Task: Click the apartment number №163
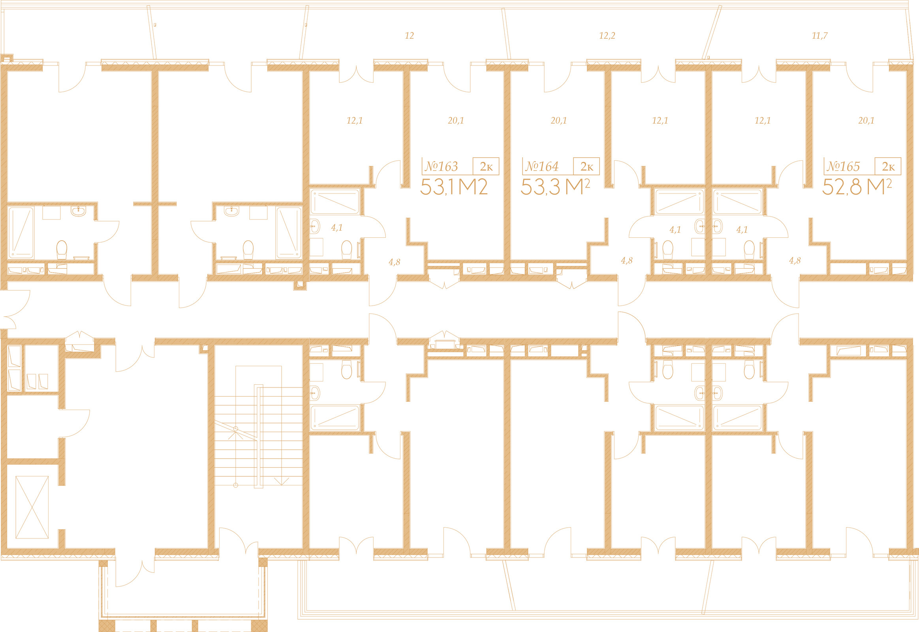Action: (x=441, y=166)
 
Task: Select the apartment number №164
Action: (x=542, y=166)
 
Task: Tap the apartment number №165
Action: (x=844, y=166)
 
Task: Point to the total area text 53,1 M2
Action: (x=454, y=187)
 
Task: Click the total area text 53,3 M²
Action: (x=555, y=187)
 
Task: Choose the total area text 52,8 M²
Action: (x=857, y=187)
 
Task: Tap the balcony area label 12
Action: (x=410, y=36)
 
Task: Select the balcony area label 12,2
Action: (x=607, y=36)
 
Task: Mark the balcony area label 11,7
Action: (x=819, y=36)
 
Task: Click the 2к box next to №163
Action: (x=486, y=166)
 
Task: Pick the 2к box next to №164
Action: (x=586, y=166)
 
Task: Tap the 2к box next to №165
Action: (x=888, y=166)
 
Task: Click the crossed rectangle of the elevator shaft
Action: (x=32, y=507)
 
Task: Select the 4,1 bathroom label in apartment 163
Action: (x=336, y=228)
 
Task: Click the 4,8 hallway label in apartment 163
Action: (x=394, y=262)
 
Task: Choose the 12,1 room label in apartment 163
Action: (x=354, y=120)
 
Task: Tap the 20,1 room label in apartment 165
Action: (x=866, y=120)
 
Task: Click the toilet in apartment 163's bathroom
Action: (x=346, y=250)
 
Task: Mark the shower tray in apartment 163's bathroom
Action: (x=335, y=202)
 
